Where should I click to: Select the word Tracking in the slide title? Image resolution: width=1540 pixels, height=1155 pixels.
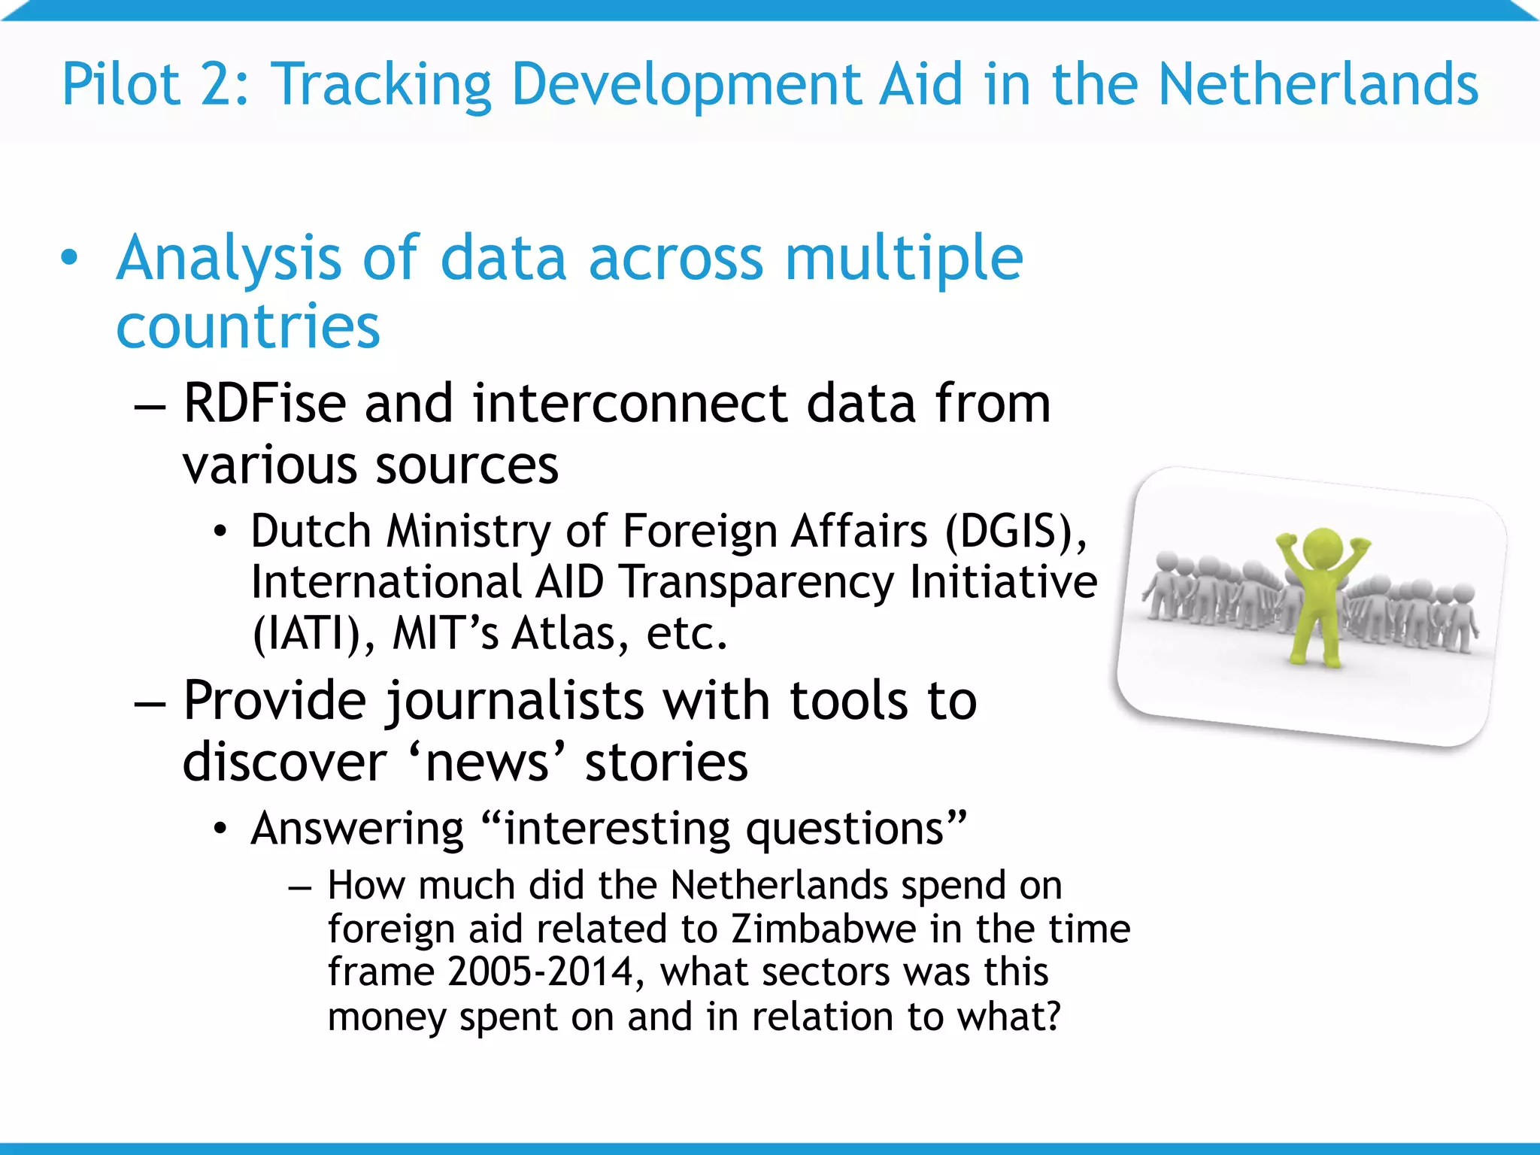[x=380, y=86]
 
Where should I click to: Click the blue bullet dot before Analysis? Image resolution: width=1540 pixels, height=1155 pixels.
[x=69, y=258]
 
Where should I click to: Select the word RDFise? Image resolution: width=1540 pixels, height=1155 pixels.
[x=265, y=404]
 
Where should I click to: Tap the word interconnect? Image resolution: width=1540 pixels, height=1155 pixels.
[x=630, y=404]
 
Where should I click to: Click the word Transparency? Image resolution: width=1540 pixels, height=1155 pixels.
[x=757, y=583]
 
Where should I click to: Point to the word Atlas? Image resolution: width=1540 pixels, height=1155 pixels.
[x=564, y=634]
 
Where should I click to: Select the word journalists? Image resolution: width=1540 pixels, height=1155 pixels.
[x=515, y=702]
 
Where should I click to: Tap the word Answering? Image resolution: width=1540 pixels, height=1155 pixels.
[x=357, y=829]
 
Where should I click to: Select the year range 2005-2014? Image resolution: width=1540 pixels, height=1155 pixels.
[x=541, y=972]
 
